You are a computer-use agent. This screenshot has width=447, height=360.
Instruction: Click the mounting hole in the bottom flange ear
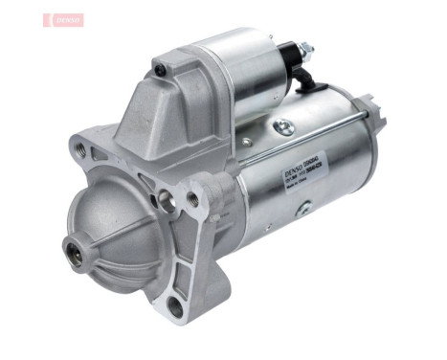point(172,307)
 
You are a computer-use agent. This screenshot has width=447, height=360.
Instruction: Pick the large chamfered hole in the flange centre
point(168,201)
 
